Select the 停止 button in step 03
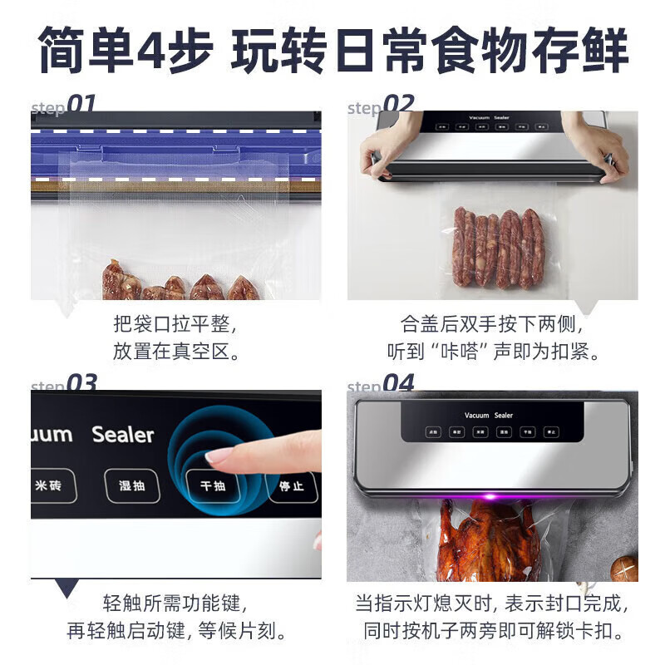click(291, 485)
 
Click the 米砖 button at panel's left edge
click(52, 485)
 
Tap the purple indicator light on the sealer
click(489, 497)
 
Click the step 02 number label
click(398, 105)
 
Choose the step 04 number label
click(398, 384)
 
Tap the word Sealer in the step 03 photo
click(123, 435)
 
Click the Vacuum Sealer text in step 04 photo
click(488, 415)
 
